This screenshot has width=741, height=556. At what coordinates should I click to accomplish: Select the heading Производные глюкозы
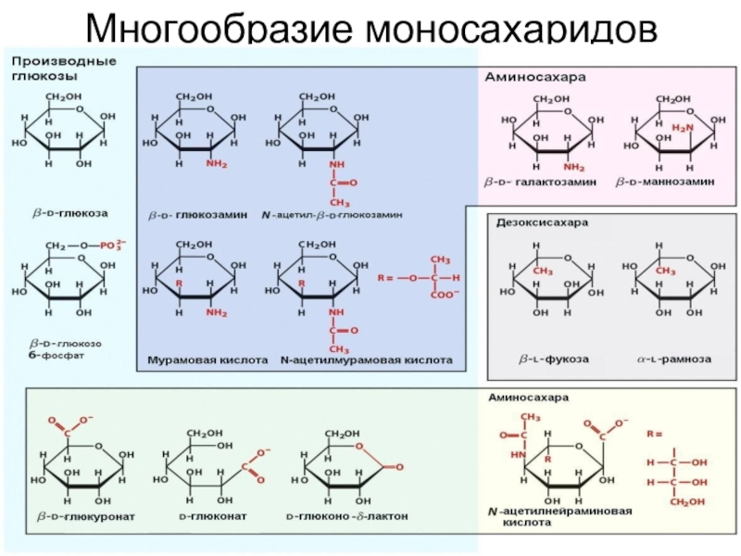point(63,68)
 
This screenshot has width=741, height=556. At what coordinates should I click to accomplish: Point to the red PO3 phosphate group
point(109,246)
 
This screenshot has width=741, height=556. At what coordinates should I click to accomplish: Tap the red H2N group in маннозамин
point(683,128)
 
